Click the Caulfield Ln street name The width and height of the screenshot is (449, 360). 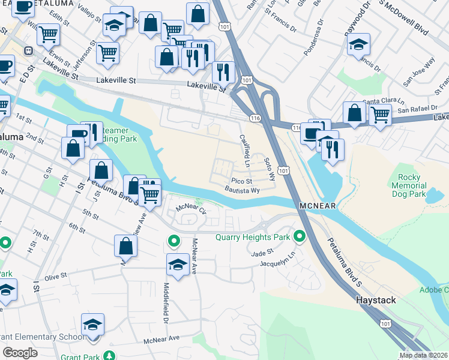point(245,149)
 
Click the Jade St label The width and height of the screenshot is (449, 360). point(262,254)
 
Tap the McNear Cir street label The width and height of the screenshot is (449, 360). point(190,209)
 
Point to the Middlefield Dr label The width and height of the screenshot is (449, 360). point(166,304)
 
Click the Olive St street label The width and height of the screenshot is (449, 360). point(56,277)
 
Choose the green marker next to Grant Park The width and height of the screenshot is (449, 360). point(108,356)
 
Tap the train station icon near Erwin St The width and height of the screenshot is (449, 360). point(28,51)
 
